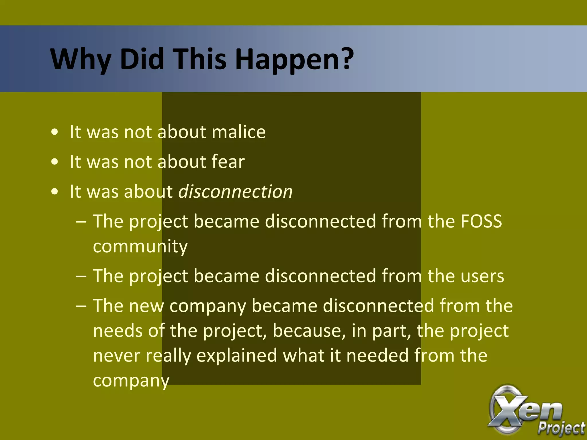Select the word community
coord(140,246)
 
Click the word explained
coord(237,356)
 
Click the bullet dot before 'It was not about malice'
coord(54,133)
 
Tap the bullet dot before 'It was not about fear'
coord(54,162)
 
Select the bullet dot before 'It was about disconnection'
coord(54,192)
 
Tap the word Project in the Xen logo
coord(561,429)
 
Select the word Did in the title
coord(142,60)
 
